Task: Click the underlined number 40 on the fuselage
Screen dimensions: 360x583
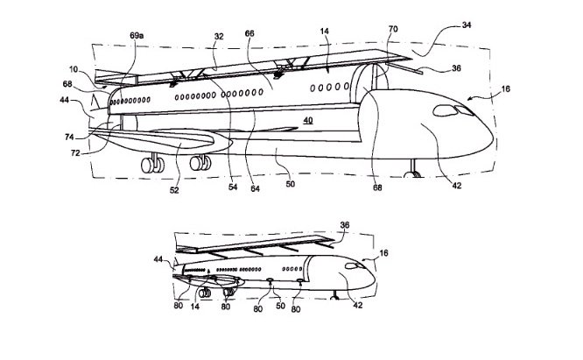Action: click(x=308, y=121)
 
